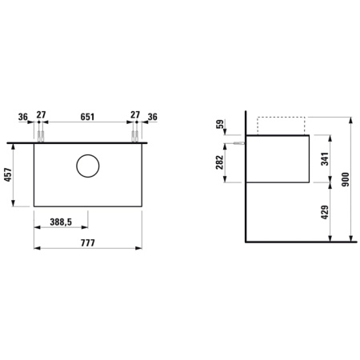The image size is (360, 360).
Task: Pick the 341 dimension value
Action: click(x=323, y=158)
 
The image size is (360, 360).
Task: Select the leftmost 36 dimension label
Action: click(x=22, y=117)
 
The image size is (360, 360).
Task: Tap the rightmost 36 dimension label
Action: click(x=153, y=117)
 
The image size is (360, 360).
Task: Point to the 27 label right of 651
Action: click(x=136, y=117)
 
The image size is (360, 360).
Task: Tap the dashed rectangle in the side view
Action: click(x=282, y=126)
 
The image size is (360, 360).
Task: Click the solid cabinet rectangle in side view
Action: click(x=278, y=158)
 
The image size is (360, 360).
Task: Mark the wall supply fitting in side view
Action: click(x=240, y=142)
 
